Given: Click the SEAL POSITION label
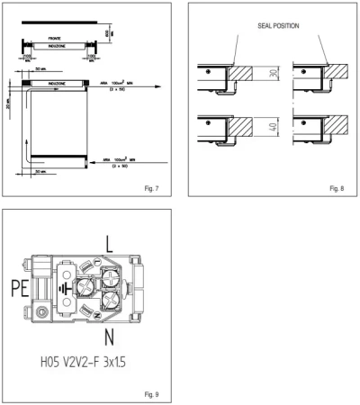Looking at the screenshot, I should click(x=266, y=25).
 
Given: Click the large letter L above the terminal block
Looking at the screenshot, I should click(x=109, y=244).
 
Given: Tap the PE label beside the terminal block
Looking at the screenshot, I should click(x=24, y=290).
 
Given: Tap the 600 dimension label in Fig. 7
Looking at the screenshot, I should click(x=106, y=32).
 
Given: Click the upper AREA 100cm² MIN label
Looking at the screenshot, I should click(x=121, y=83).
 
